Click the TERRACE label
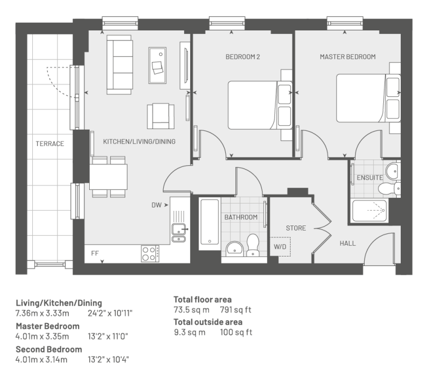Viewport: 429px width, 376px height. click(x=50, y=144)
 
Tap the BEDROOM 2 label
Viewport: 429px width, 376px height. click(x=243, y=57)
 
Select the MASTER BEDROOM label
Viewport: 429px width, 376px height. click(x=348, y=57)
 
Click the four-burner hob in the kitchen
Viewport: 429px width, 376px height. click(x=150, y=254)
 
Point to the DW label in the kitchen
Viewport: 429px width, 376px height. click(x=156, y=205)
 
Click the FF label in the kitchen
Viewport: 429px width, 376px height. click(x=95, y=253)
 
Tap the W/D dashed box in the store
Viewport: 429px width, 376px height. click(x=280, y=247)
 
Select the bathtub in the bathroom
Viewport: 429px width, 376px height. click(x=210, y=222)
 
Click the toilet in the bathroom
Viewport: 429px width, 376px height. click(x=253, y=245)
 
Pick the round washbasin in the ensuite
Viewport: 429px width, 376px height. click(x=393, y=171)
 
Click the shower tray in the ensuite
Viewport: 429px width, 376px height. click(x=370, y=211)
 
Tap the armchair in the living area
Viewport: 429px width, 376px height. click(x=161, y=116)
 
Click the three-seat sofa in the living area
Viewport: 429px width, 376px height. click(x=120, y=65)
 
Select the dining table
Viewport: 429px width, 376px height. click(x=108, y=177)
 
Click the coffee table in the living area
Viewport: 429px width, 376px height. click(x=157, y=65)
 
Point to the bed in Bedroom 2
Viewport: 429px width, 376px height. click(x=260, y=105)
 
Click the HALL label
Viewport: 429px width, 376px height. click(x=348, y=243)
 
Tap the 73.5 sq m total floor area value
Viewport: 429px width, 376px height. click(x=191, y=310)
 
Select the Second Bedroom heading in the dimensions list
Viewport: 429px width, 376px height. click(x=49, y=349)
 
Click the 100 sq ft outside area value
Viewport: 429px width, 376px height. click(x=236, y=332)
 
